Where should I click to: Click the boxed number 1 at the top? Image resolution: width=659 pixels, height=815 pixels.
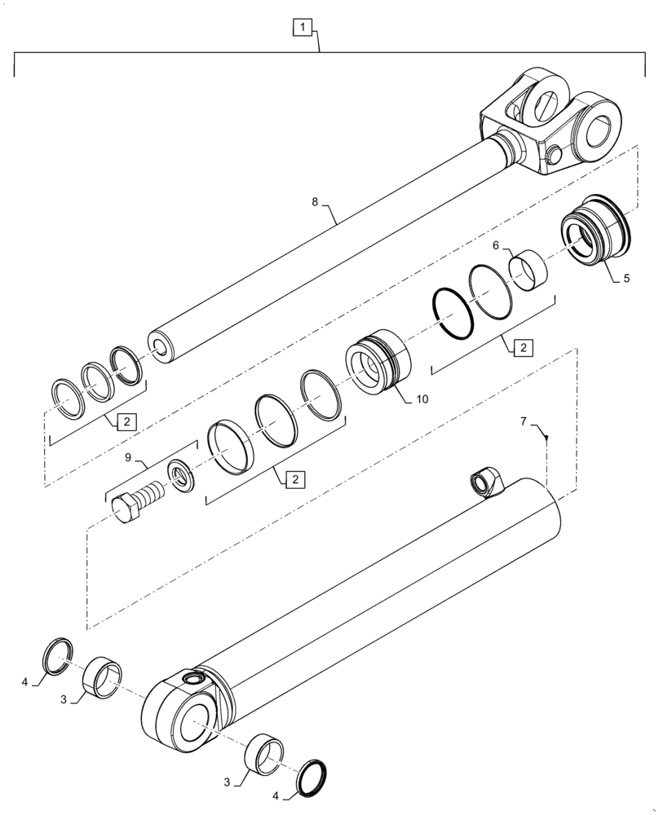(302, 29)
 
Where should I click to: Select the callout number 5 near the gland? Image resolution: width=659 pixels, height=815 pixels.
(626, 278)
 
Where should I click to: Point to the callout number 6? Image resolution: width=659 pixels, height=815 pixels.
(495, 244)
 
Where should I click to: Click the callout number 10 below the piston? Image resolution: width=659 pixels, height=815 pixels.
(421, 399)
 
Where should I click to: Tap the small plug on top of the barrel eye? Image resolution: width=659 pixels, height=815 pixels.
(194, 678)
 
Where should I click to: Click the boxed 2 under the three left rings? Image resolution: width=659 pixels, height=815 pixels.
(127, 421)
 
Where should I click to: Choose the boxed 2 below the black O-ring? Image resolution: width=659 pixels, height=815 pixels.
(520, 348)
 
